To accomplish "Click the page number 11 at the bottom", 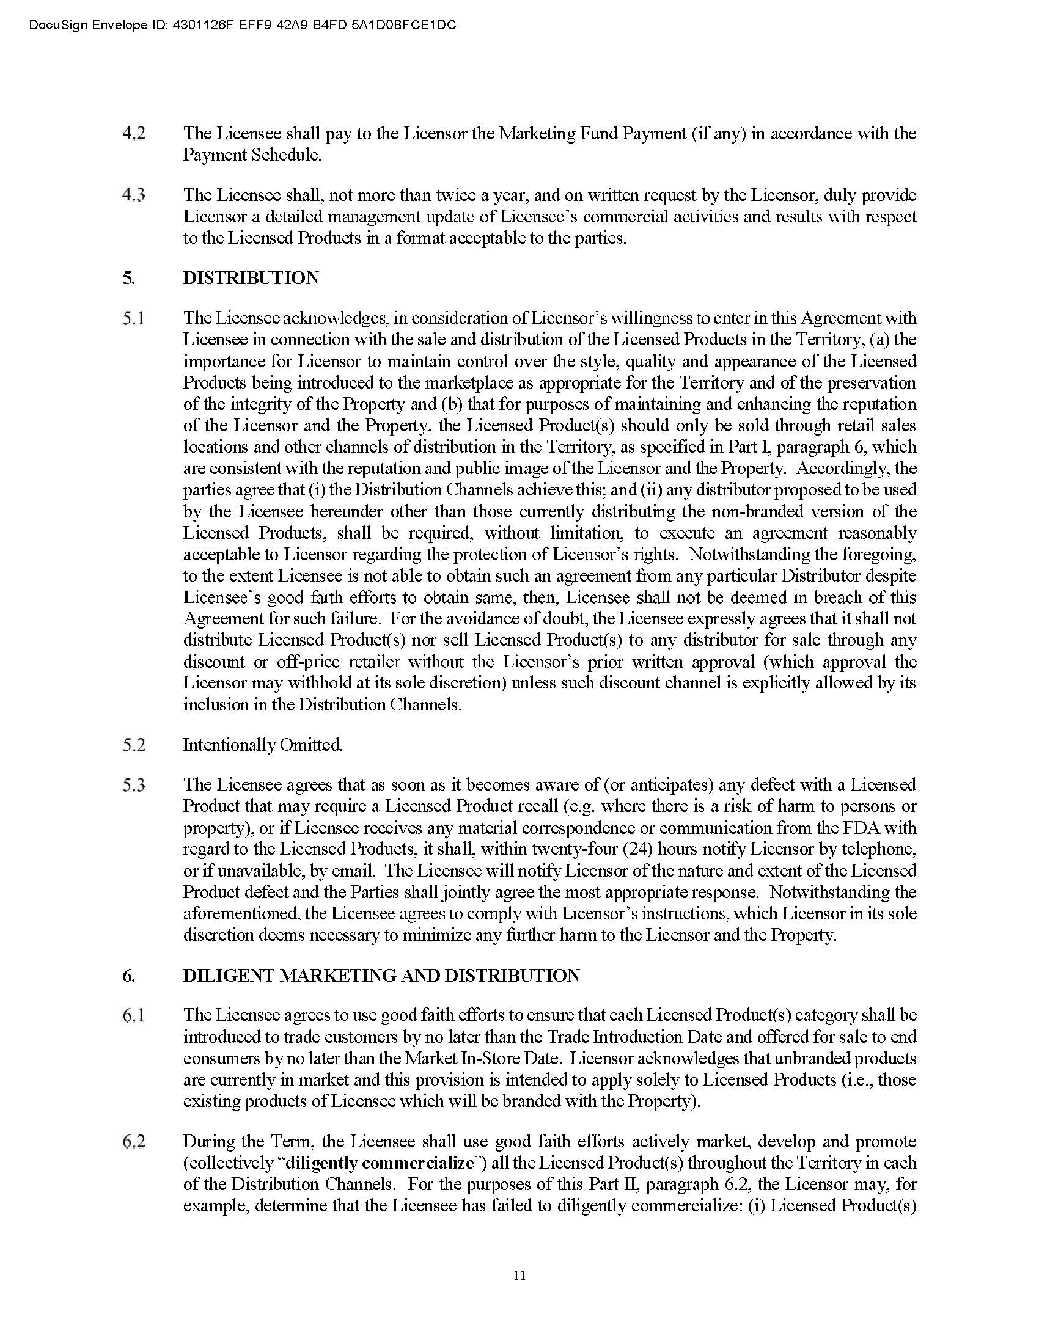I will point(519,1275).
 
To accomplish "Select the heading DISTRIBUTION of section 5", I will point(251,278).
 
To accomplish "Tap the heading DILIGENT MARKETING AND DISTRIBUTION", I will point(381,976).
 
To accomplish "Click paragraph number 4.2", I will point(134,134).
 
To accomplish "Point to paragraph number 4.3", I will point(134,195).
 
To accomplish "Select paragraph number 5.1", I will point(134,319).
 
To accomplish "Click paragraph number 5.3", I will point(134,785).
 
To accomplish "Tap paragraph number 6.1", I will point(134,1015).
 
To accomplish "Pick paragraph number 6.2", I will point(134,1142).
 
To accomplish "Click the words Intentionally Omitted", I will point(263,745).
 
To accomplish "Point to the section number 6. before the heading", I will point(128,976).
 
